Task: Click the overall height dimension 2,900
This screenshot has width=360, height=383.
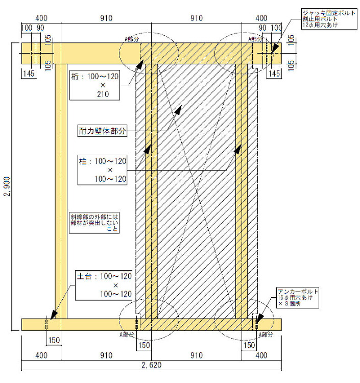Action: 7,186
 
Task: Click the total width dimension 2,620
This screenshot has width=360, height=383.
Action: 152,365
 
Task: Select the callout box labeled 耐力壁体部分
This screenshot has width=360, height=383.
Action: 102,131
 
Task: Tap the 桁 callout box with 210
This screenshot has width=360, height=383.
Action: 95,85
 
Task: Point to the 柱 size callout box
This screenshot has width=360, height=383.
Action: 102,170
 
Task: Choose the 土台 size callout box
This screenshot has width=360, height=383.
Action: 104,285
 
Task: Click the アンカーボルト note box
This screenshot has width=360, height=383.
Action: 298,298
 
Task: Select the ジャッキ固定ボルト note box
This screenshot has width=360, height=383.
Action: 329,19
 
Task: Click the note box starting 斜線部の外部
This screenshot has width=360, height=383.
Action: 94,223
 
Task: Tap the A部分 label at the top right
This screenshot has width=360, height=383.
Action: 255,39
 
